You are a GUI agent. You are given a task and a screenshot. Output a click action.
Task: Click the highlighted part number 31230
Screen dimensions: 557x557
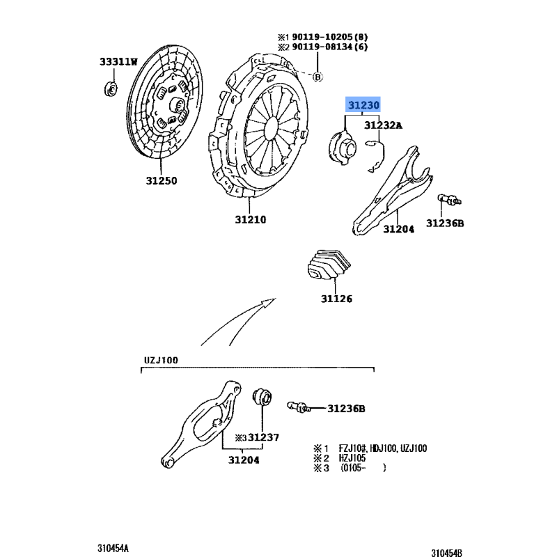[363, 105]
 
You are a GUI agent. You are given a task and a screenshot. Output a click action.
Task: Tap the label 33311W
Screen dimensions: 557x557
[118, 62]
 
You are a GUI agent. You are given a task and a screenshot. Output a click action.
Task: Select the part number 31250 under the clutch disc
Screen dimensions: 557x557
[162, 180]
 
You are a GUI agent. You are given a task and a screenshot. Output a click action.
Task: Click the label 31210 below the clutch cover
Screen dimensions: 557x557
[251, 219]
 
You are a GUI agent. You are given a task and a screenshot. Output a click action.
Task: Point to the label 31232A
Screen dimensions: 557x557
[384, 125]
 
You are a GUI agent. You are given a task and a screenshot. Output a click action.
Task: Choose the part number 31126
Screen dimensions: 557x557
[336, 299]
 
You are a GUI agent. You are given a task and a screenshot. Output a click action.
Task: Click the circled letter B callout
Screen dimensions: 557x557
[317, 77]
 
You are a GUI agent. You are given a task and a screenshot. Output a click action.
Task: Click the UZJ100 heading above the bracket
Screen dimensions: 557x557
[161, 360]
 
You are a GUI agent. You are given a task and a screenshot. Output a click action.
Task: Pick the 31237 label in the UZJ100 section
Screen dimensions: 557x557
[263, 437]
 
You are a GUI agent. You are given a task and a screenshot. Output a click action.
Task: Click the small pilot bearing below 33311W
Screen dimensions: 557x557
[111, 89]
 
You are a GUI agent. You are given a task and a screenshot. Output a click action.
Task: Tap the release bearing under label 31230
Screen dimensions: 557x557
[342, 148]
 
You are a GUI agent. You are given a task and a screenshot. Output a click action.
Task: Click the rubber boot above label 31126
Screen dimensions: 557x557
[329, 265]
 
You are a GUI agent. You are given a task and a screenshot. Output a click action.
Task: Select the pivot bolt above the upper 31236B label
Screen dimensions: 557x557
[449, 200]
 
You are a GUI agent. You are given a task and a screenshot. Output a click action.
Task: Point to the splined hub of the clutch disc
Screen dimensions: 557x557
[176, 104]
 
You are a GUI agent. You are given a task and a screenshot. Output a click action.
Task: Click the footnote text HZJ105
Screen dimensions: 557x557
[352, 458]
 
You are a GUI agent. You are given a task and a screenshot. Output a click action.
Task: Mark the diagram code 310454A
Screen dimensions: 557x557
[113, 549]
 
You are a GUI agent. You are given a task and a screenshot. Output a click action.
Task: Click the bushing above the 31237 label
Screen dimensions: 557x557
[262, 397]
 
